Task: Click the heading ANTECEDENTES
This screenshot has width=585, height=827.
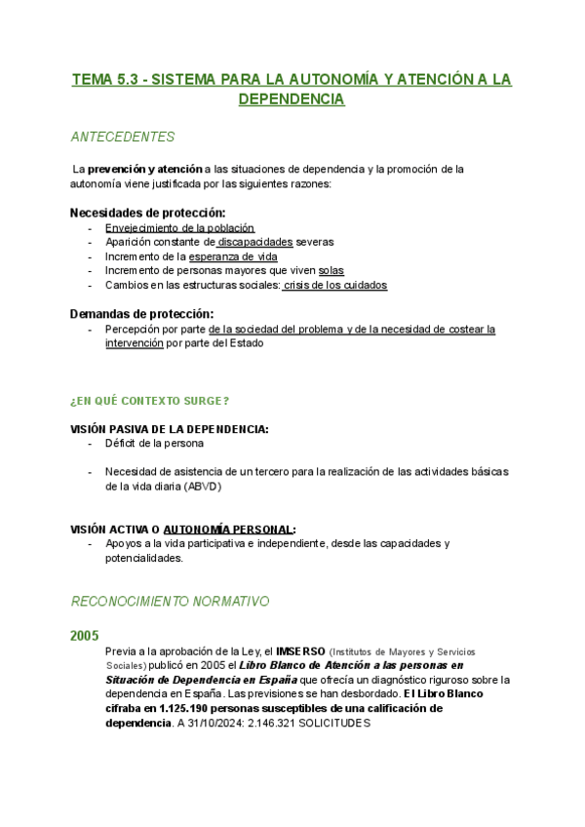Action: (x=123, y=137)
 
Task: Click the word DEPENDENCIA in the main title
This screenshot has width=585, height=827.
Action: (x=292, y=99)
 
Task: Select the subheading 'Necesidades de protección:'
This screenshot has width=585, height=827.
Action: (x=148, y=213)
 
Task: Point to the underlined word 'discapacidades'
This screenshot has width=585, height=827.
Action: (x=255, y=242)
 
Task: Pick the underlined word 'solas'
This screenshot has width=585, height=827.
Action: (x=331, y=270)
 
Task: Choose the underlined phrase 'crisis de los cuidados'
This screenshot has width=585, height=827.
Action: (x=335, y=285)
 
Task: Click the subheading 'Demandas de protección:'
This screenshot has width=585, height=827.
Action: (x=141, y=314)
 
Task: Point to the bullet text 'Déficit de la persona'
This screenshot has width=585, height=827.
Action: (x=154, y=444)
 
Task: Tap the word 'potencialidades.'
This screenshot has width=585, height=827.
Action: (x=144, y=559)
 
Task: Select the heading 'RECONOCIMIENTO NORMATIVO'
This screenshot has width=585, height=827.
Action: (x=170, y=602)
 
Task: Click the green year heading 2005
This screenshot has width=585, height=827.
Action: (x=84, y=636)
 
